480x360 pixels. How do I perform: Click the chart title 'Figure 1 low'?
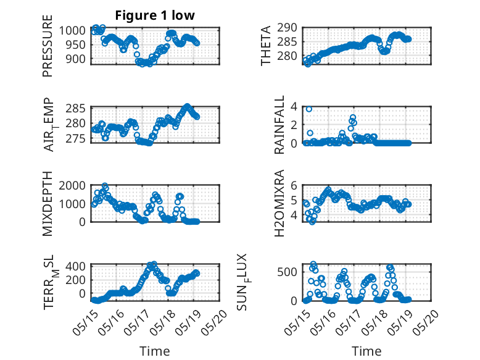point(155,15)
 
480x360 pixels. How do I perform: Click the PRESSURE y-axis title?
point(48,46)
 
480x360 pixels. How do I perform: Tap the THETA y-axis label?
point(266,46)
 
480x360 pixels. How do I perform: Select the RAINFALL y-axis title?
point(279,125)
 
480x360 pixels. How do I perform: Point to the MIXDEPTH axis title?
point(48,204)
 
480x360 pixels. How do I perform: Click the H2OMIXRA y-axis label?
point(279,203)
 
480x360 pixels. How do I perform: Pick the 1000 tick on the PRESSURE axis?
point(72,31)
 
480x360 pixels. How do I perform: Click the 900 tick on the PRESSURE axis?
point(76,59)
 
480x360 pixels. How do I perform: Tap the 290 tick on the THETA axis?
point(287,28)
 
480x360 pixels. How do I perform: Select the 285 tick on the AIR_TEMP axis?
point(76,109)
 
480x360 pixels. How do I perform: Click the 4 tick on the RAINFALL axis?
point(294,107)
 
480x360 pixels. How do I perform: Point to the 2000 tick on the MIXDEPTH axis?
point(72,185)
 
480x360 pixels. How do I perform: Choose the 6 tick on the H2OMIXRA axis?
point(294,185)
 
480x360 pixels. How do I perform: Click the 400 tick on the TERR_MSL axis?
point(76,266)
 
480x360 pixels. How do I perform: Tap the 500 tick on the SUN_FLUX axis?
point(287,272)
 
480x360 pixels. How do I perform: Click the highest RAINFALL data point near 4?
point(309,109)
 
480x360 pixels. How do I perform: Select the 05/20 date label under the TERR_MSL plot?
point(215,322)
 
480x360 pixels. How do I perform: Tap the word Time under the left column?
point(155,351)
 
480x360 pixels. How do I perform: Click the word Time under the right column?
point(366,351)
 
